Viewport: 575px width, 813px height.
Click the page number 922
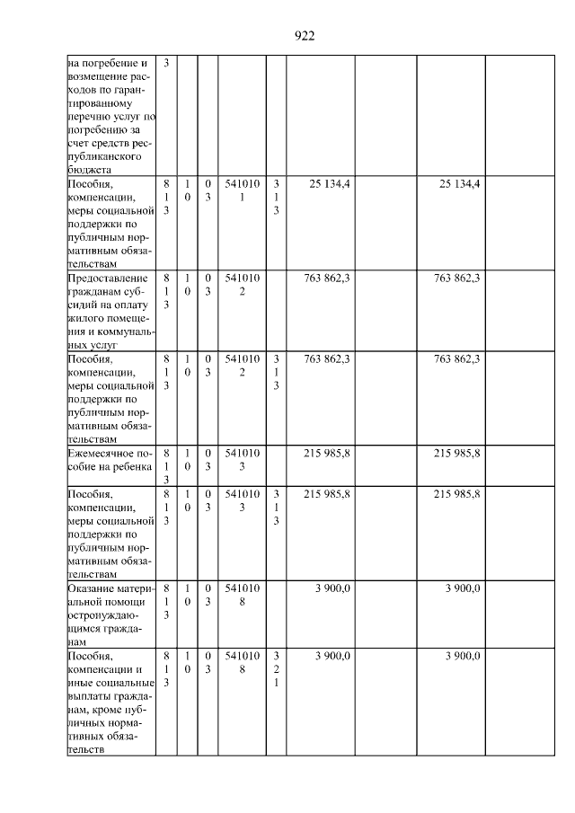coord(305,36)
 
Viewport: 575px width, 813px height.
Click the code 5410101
coord(242,190)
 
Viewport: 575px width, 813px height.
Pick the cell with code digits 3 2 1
coord(276,670)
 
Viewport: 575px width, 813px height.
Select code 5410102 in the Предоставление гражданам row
coord(242,285)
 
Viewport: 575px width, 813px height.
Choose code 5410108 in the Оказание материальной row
coord(242,595)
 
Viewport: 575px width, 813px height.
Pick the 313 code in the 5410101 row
coord(276,197)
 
